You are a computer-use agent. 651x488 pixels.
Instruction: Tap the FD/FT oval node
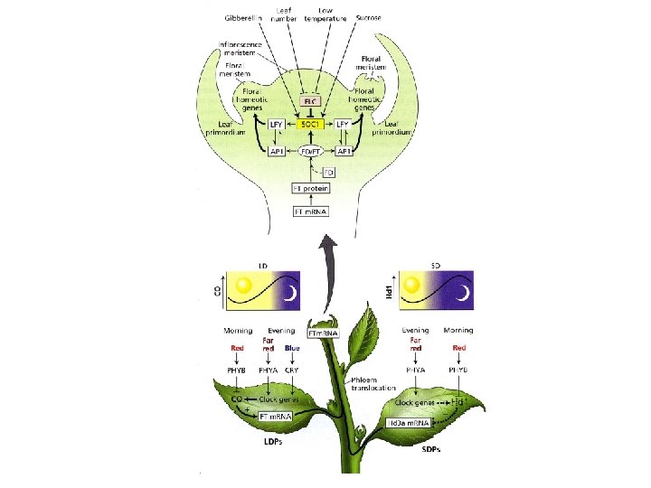[312, 151]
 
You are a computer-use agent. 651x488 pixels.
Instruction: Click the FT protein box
[310, 188]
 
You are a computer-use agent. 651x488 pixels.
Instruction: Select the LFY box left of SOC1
[278, 124]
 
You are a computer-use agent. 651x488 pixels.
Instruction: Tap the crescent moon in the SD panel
[461, 291]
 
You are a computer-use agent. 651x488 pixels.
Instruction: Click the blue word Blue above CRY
[291, 348]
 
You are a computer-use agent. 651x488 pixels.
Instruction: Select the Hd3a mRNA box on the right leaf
[409, 422]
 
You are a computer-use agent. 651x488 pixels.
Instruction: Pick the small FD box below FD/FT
[316, 171]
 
